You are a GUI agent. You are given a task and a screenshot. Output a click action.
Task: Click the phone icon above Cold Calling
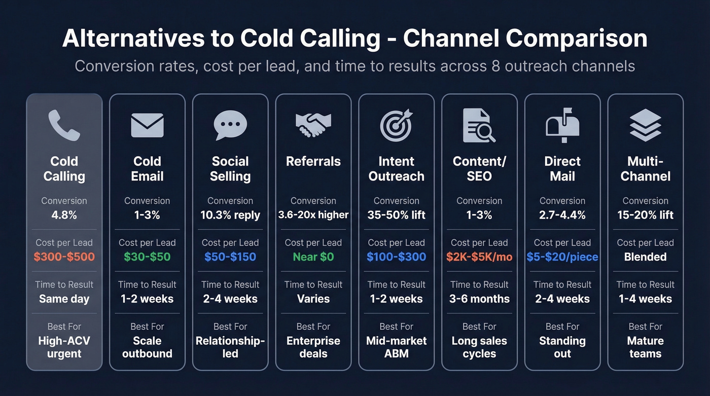click(x=64, y=125)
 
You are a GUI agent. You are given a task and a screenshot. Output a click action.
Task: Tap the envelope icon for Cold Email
click(x=147, y=125)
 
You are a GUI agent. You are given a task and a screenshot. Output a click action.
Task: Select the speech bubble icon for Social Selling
click(x=230, y=125)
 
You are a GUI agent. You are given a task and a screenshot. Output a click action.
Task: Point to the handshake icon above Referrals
click(x=313, y=125)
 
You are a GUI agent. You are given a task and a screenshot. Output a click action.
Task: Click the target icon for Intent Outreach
click(x=396, y=125)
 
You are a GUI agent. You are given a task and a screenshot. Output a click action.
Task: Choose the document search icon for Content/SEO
click(x=479, y=125)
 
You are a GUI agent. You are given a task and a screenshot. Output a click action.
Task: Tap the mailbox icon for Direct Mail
click(x=562, y=124)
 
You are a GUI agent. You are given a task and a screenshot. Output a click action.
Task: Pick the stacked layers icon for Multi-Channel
click(x=645, y=125)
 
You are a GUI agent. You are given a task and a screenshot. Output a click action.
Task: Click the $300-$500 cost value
click(x=64, y=257)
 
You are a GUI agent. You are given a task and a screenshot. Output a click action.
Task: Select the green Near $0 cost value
click(x=313, y=257)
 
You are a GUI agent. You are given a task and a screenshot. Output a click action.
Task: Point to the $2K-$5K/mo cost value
click(x=479, y=257)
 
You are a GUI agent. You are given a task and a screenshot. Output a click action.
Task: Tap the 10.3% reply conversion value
click(x=230, y=215)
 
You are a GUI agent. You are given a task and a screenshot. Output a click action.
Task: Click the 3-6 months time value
click(x=479, y=299)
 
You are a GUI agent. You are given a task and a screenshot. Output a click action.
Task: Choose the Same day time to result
click(x=64, y=299)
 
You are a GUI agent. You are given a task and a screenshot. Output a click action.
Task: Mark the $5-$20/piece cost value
click(x=562, y=257)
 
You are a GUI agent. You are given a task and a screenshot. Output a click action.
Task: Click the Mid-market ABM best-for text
click(x=397, y=347)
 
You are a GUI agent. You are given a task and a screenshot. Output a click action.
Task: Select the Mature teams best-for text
click(x=646, y=347)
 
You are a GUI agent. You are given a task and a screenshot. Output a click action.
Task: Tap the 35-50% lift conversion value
click(x=397, y=215)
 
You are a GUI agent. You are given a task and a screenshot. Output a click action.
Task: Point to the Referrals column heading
click(x=313, y=161)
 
